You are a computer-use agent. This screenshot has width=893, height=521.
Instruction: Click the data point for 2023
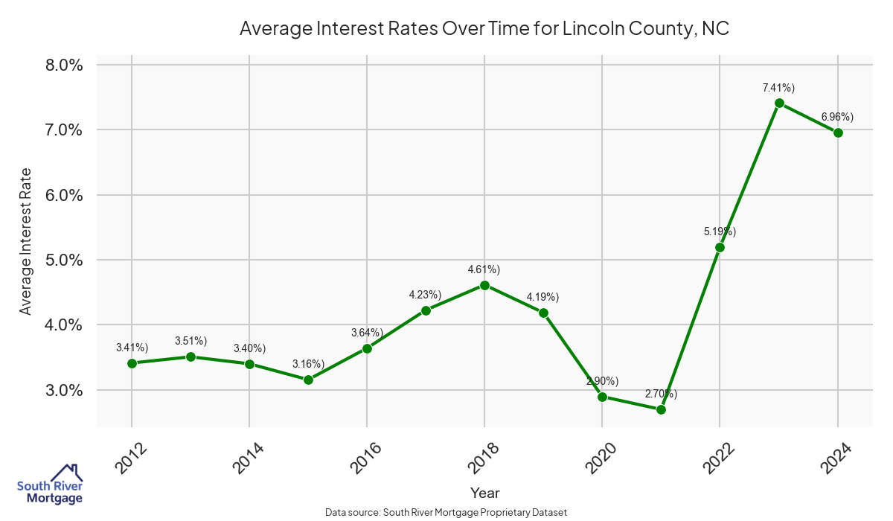(779, 103)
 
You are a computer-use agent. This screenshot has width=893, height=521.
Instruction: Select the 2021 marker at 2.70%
(661, 409)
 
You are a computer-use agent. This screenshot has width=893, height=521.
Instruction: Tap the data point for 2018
(484, 285)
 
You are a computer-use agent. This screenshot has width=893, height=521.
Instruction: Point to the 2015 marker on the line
(308, 380)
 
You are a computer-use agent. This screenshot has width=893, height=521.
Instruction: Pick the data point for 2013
(191, 357)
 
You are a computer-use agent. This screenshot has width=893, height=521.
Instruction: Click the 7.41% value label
(778, 88)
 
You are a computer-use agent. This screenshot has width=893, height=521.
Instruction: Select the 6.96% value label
(837, 117)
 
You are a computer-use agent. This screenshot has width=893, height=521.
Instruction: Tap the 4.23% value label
(425, 295)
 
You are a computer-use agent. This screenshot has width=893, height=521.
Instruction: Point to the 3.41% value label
(132, 348)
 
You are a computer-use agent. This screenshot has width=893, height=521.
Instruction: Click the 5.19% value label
(720, 231)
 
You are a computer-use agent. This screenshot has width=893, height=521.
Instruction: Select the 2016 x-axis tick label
(365, 457)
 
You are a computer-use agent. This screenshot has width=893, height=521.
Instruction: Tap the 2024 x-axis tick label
(836, 457)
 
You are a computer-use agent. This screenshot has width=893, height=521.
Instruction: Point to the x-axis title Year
(484, 493)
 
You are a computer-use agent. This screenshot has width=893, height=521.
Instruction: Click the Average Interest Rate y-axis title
(26, 241)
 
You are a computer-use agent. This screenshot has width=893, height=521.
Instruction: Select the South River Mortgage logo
(50, 485)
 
